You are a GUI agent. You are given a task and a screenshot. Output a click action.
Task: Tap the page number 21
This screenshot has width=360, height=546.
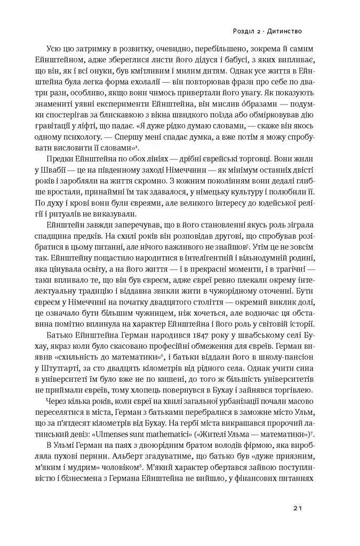[x=298, y=508]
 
